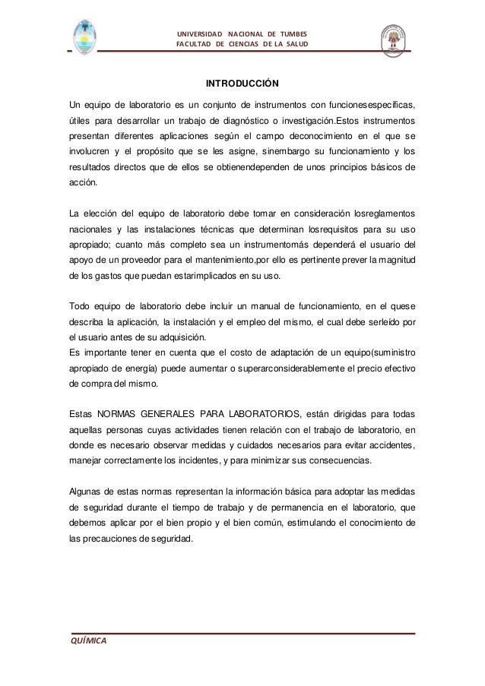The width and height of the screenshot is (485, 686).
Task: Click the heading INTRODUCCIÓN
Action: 242,82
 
